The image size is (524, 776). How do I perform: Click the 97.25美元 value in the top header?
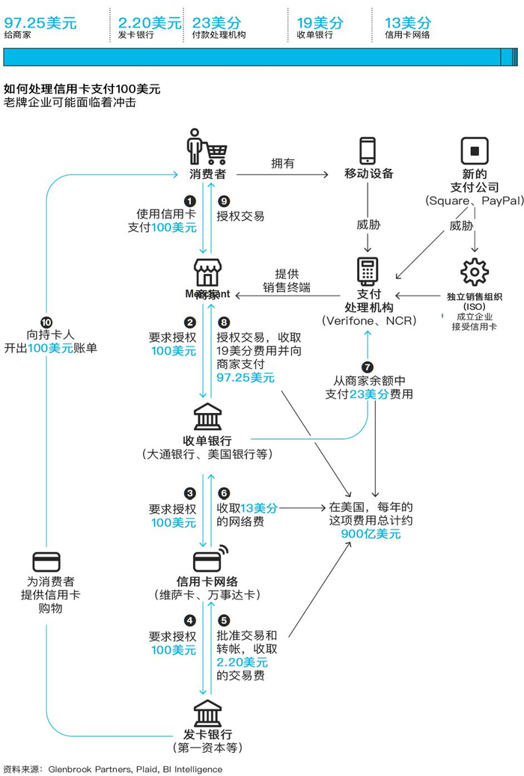coord(40,22)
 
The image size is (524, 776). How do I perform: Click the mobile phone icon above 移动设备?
coord(368,150)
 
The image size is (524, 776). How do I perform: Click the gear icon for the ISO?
coord(474,272)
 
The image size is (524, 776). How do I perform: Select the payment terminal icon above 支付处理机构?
coord(368,271)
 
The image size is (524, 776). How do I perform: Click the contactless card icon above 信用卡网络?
coord(210,560)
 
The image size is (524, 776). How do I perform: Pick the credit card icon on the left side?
coord(47,562)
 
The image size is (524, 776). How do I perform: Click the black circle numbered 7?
coord(367,367)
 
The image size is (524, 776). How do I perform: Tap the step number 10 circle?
coord(46,320)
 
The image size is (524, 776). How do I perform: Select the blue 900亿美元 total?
coord(371,534)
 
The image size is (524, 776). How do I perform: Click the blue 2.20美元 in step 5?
coord(242,662)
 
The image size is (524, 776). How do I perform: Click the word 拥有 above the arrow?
coord(282,162)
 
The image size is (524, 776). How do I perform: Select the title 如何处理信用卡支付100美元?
coord(82,88)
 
